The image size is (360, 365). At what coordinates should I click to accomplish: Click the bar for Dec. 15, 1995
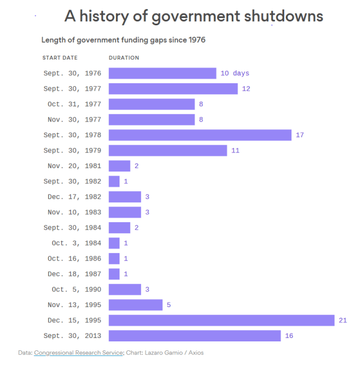coord(222,320)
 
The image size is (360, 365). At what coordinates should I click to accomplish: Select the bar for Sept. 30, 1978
coord(200,135)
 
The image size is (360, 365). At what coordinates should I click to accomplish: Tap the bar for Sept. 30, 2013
coord(195,336)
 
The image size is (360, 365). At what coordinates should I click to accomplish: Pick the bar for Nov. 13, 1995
coord(136,305)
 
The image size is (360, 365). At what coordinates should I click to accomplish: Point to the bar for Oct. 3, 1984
coord(114,243)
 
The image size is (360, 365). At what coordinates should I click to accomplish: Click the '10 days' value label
coord(235,73)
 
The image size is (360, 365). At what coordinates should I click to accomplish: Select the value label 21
coord(343,320)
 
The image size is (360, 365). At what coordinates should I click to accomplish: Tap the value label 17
coord(300,135)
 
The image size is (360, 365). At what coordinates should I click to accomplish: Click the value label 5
coord(169,305)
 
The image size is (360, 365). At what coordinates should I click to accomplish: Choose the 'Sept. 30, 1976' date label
coord(72,73)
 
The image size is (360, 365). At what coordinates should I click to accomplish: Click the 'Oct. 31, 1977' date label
coord(74,104)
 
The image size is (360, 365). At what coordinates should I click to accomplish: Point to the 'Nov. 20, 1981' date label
coord(74,166)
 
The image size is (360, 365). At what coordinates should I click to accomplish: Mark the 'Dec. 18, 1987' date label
coord(74,274)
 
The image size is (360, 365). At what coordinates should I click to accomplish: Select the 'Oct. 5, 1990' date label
coord(76,289)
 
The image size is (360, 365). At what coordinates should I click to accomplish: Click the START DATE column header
coord(60,57)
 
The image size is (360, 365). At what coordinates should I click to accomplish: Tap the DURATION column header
coord(124,57)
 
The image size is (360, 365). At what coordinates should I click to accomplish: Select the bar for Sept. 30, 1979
coord(168,150)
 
